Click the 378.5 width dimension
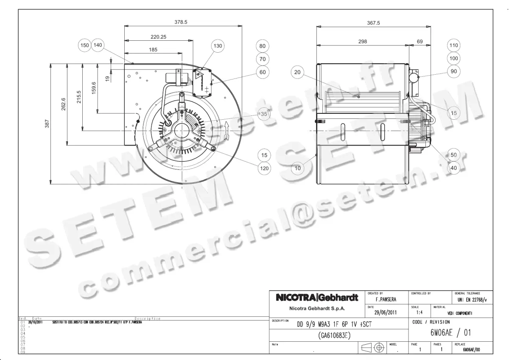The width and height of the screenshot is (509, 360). (183, 22)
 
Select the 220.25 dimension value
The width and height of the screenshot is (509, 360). (158, 37)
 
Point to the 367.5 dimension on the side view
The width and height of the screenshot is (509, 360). (373, 23)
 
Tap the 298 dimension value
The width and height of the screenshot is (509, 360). (362, 42)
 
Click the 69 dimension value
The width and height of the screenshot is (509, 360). (420, 42)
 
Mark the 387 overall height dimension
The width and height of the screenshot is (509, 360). (48, 123)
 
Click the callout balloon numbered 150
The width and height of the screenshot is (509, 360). (85, 45)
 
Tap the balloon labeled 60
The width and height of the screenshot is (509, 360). (263, 72)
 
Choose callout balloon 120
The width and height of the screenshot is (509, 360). (265, 169)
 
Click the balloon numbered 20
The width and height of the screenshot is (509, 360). (297, 73)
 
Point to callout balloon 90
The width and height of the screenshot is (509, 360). (454, 71)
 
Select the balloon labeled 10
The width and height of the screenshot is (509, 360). (297, 168)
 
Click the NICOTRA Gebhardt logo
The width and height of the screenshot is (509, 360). (317, 298)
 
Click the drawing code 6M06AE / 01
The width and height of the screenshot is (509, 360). (450, 333)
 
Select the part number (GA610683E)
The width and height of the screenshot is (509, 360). (333, 335)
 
